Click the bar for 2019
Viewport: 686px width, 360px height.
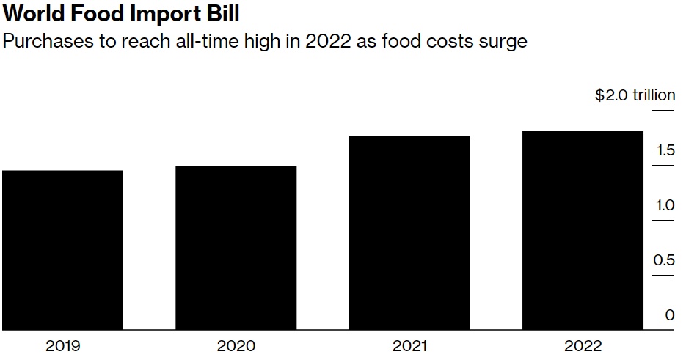62,250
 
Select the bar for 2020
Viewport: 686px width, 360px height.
236,248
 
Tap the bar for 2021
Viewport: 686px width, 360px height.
409,233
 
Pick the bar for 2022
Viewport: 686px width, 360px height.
583,230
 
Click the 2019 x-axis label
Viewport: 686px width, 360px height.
62,346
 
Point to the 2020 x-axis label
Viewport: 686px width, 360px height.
236,346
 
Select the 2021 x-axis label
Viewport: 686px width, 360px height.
409,346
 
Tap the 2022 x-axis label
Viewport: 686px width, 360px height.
583,346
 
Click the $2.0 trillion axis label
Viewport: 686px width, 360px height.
635,95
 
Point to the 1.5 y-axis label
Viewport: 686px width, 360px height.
665,151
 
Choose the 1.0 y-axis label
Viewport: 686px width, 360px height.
665,205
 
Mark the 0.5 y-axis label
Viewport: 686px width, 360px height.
665,260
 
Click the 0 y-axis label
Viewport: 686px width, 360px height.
669,315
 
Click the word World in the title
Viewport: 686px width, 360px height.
34,15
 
